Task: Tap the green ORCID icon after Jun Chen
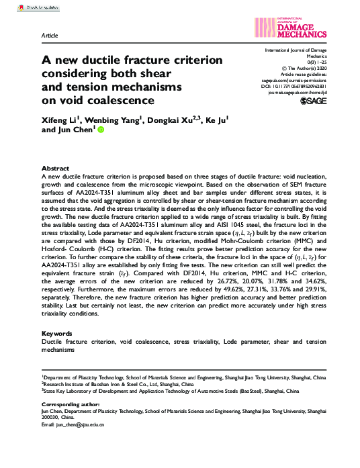coord(101,132)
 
